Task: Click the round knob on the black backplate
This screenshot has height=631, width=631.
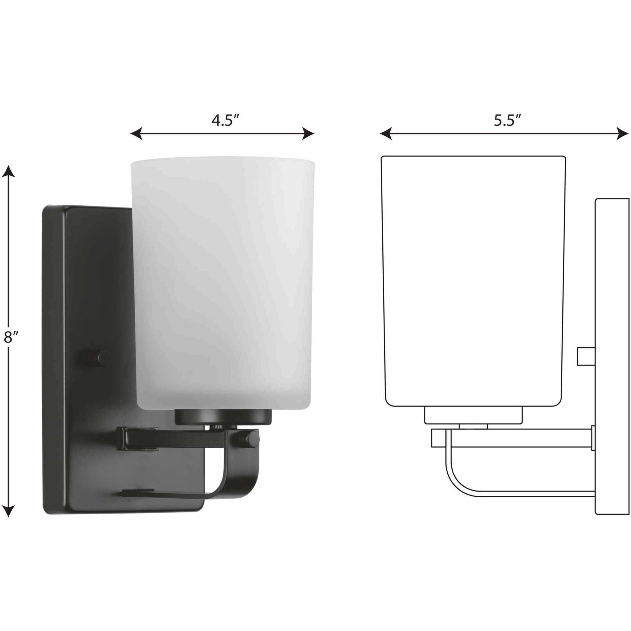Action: click(104, 358)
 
